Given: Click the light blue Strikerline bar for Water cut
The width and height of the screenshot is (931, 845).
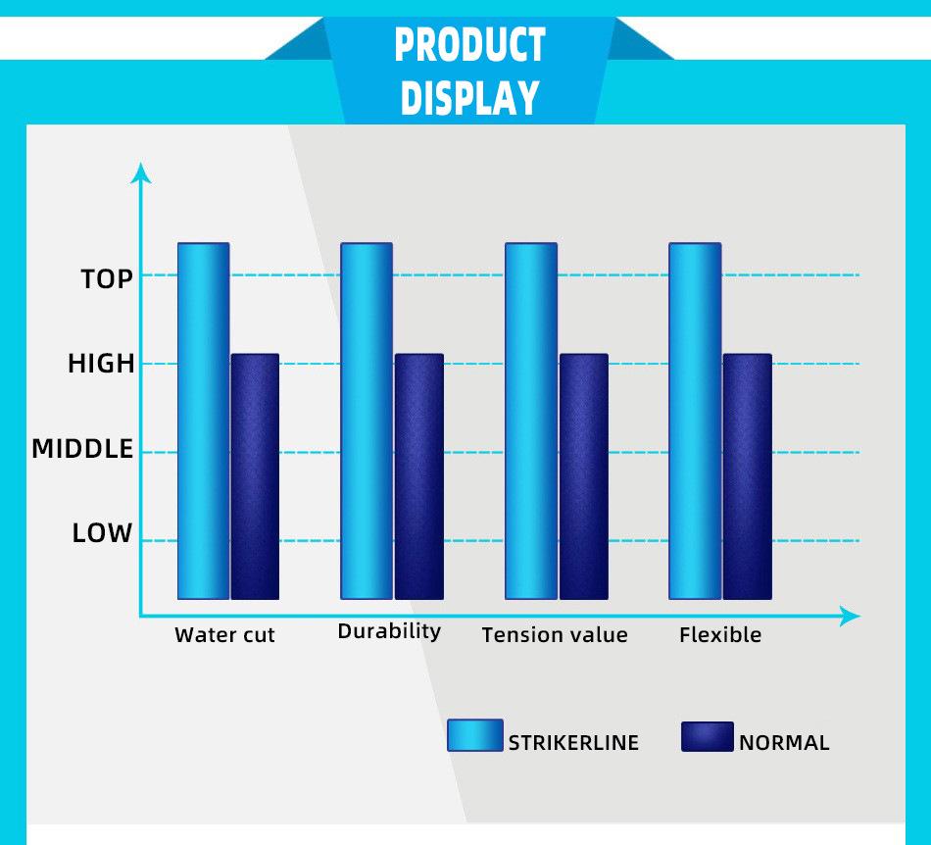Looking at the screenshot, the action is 204,421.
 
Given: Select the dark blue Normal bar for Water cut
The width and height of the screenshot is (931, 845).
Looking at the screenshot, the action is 256,476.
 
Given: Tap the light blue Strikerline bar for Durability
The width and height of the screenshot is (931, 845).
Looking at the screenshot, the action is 367,421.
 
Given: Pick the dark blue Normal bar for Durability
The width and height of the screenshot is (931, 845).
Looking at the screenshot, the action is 419,476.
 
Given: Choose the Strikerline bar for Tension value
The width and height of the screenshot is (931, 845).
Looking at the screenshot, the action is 531,421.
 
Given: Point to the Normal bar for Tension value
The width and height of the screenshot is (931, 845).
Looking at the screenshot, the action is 584,476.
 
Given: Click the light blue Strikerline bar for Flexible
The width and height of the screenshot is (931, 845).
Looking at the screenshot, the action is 695,421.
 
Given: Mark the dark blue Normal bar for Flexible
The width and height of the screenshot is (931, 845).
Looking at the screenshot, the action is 748,476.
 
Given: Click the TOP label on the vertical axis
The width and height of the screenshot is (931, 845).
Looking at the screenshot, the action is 107,279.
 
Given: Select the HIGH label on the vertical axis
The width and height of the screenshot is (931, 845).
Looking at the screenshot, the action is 102,364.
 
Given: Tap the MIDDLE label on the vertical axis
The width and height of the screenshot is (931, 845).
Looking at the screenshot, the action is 82,449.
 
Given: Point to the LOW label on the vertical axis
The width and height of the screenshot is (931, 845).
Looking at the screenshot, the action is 102,533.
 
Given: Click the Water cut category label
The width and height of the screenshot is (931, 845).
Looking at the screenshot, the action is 225,635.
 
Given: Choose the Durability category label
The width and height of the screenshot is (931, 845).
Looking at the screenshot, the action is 389,632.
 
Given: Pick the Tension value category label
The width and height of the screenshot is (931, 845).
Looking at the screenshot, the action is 555,635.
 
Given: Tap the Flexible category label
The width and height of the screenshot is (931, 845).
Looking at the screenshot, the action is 720,635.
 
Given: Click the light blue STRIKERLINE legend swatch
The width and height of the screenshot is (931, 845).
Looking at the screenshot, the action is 475,735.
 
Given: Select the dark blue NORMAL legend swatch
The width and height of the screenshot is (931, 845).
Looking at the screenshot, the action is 708,736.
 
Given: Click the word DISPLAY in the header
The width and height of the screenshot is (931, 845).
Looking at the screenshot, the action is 469,97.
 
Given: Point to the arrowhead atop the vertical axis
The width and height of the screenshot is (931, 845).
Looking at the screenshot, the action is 141,173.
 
